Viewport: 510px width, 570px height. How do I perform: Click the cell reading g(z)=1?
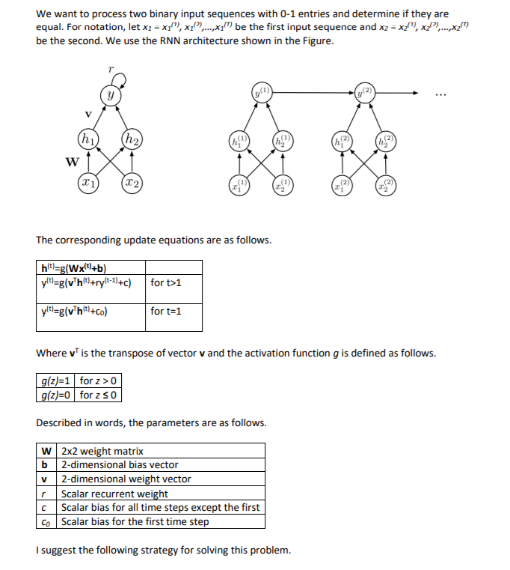tap(57, 381)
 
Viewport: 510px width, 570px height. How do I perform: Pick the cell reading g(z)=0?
tap(57, 395)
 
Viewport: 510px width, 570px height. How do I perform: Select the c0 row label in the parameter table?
tap(46, 522)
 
